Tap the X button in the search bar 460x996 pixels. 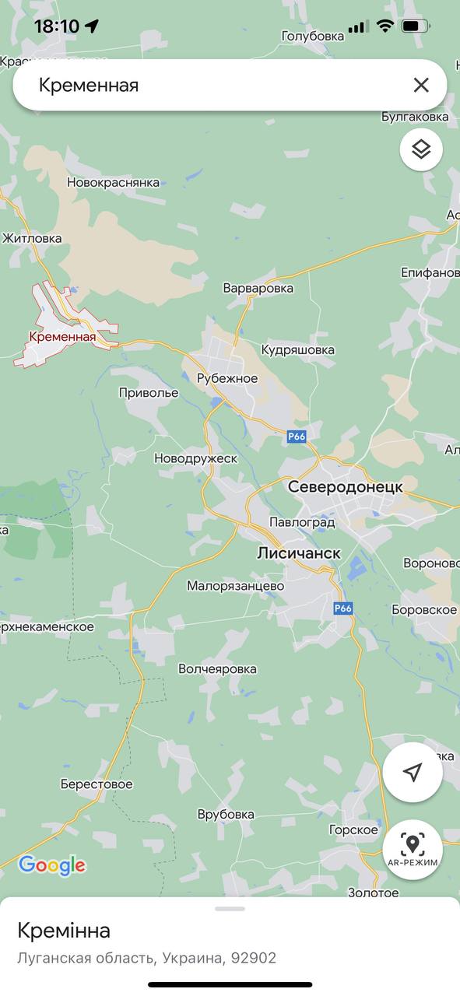(421, 85)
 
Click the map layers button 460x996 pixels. (421, 149)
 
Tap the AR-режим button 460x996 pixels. (413, 849)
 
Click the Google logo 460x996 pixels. (51, 865)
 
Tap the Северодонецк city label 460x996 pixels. (346, 486)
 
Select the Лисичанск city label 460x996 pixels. (299, 552)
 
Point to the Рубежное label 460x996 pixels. (226, 378)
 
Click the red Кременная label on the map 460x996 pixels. (62, 337)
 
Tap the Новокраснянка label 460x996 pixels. (113, 183)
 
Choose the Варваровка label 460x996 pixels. (258, 288)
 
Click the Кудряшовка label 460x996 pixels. (298, 350)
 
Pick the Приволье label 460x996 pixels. (149, 393)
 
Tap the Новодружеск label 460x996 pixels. (196, 459)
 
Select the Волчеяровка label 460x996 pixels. (217, 669)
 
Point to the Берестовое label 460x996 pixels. (97, 784)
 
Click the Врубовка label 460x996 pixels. (226, 815)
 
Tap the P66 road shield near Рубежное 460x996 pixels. (297, 437)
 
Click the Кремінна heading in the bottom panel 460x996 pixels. (64, 931)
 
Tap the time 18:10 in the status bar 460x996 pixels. (56, 26)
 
